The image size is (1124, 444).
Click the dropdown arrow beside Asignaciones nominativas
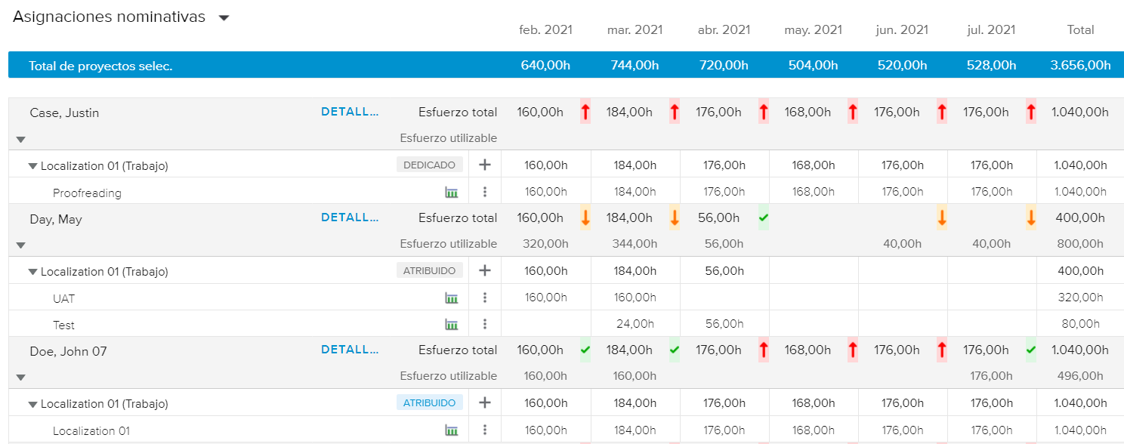click(x=224, y=18)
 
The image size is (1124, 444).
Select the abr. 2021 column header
click(x=724, y=30)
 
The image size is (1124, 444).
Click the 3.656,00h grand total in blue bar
click(x=1080, y=66)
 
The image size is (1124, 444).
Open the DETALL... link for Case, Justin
click(x=350, y=112)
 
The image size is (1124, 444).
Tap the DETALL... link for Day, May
click(x=350, y=217)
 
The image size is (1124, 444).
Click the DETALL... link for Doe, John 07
click(x=350, y=350)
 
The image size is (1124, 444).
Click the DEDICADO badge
click(x=429, y=165)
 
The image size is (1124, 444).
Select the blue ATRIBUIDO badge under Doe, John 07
click(x=429, y=403)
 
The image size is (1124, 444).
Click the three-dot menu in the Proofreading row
click(x=485, y=192)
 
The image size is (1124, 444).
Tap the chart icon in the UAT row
click(x=452, y=298)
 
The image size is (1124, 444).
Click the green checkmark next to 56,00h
click(x=763, y=217)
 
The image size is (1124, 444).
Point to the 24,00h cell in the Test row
click(x=635, y=324)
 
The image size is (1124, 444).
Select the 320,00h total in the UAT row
click(x=1079, y=298)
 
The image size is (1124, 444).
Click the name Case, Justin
click(x=64, y=113)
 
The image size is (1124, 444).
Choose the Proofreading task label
click(x=87, y=193)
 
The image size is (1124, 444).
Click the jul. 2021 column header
click(x=991, y=30)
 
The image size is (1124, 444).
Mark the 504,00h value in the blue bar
click(x=812, y=66)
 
